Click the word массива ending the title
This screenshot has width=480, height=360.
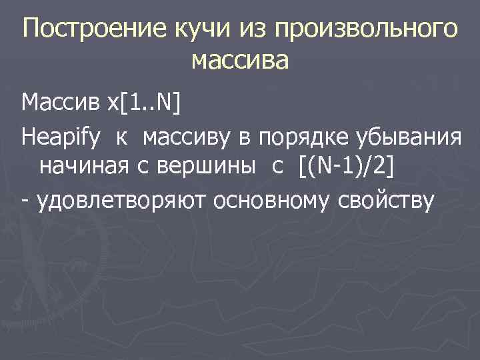coord(240,62)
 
